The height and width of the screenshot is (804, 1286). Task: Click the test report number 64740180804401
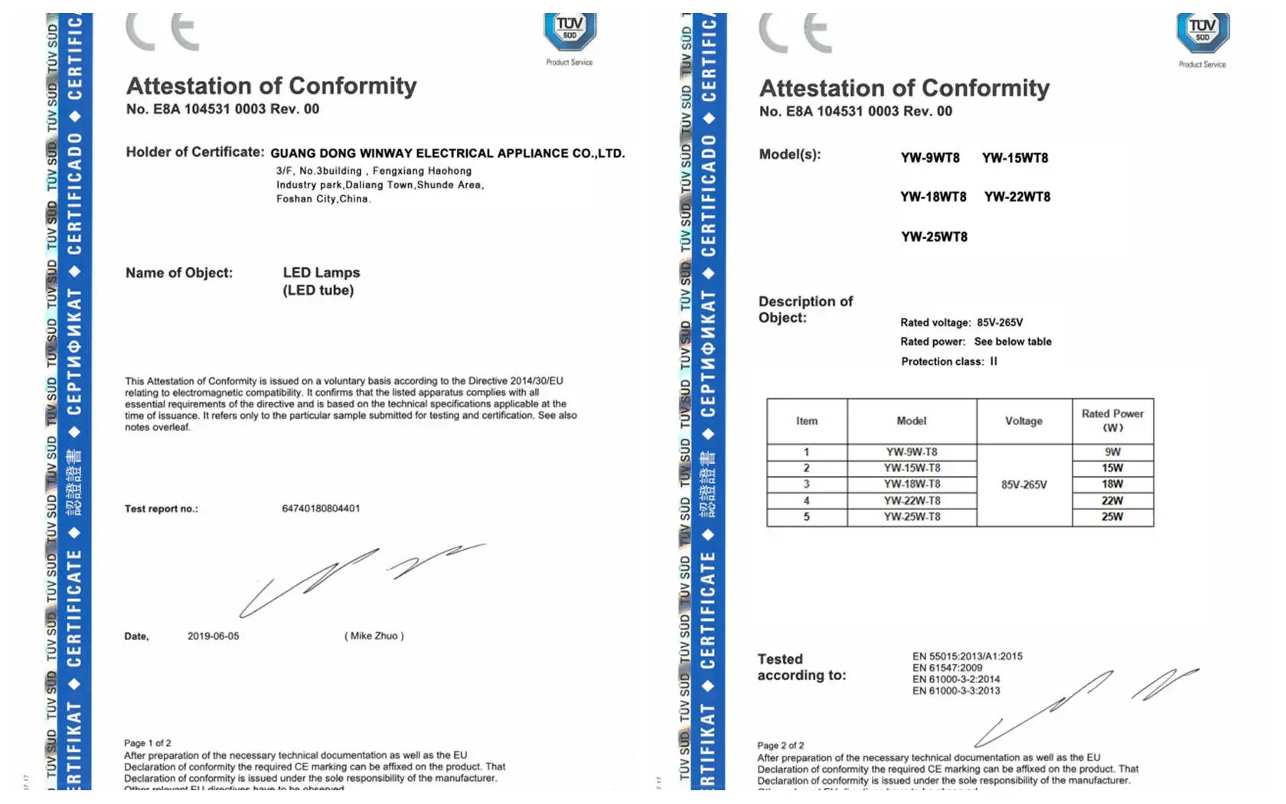(321, 508)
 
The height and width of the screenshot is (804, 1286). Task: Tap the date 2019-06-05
(214, 636)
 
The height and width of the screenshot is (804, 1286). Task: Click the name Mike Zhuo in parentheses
(374, 636)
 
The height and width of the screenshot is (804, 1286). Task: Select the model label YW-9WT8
(930, 158)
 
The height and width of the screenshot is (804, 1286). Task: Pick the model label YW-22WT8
(1017, 197)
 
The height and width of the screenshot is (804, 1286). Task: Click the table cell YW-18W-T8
(912, 484)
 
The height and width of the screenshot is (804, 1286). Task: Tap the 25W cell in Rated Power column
(1112, 517)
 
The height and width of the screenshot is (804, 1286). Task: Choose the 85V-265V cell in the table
(1024, 485)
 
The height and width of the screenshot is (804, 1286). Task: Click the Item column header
(807, 421)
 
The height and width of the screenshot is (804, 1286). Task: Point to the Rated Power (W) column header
(1112, 420)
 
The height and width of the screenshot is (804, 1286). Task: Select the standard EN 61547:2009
(947, 668)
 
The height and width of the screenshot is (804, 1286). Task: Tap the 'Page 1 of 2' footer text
(148, 743)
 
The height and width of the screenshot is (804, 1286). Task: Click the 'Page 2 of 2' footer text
(781, 745)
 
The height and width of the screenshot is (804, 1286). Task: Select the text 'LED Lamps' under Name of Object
(321, 273)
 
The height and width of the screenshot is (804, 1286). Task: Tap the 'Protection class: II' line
(949, 361)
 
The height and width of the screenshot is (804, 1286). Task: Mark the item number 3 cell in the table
(807, 484)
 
